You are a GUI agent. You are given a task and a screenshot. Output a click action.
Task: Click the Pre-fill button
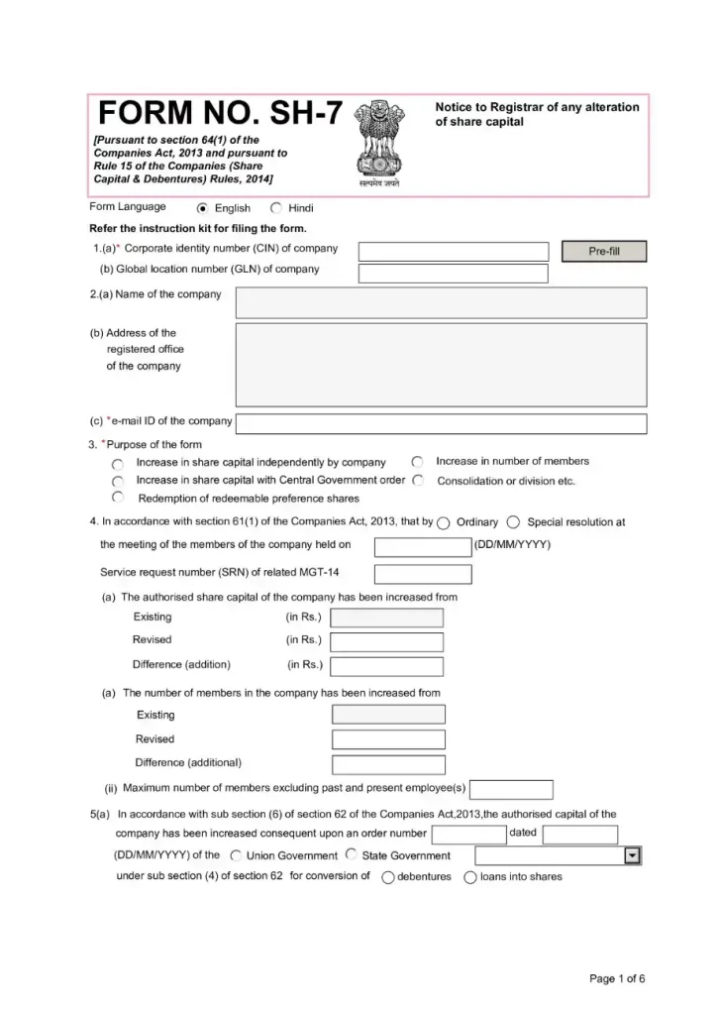(603, 252)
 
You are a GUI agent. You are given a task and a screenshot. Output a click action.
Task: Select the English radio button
(203, 208)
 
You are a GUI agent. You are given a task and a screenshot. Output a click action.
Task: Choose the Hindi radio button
(276, 208)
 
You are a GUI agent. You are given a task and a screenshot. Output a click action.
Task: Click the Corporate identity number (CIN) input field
(453, 252)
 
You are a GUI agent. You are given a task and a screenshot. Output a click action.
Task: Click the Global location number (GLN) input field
(453, 274)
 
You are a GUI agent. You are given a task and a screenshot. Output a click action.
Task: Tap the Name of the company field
(441, 302)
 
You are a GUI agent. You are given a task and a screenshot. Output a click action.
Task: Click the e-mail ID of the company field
(441, 424)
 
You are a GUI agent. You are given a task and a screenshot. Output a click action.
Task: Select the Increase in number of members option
(418, 462)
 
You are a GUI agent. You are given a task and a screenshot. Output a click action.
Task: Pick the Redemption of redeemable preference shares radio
(118, 498)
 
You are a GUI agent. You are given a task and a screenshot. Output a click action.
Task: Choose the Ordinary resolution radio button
(443, 523)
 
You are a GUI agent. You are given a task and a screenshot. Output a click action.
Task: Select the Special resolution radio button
(513, 523)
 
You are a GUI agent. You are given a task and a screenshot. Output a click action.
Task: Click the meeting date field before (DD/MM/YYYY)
(422, 547)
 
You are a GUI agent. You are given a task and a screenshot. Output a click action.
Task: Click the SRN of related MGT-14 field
(422, 575)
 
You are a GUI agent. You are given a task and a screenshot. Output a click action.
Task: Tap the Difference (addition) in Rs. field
(386, 666)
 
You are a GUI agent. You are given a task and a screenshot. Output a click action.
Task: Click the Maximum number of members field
(510, 790)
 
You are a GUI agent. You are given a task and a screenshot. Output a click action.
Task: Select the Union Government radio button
(236, 855)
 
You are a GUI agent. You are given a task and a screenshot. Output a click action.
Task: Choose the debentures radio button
(388, 877)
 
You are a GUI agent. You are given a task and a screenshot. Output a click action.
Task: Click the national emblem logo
(378, 145)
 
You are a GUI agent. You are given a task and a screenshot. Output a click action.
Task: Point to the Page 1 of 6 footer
(617, 979)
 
